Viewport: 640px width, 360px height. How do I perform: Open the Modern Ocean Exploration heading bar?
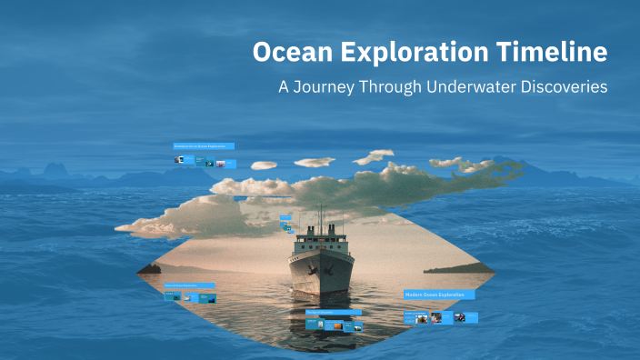point(439,295)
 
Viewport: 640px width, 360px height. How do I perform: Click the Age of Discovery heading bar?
point(333,312)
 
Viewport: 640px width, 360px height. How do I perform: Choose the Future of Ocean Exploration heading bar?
point(192,285)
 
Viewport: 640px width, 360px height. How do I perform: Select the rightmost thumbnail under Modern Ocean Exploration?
point(460,317)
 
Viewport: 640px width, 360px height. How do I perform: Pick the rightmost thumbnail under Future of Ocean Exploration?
point(208,297)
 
